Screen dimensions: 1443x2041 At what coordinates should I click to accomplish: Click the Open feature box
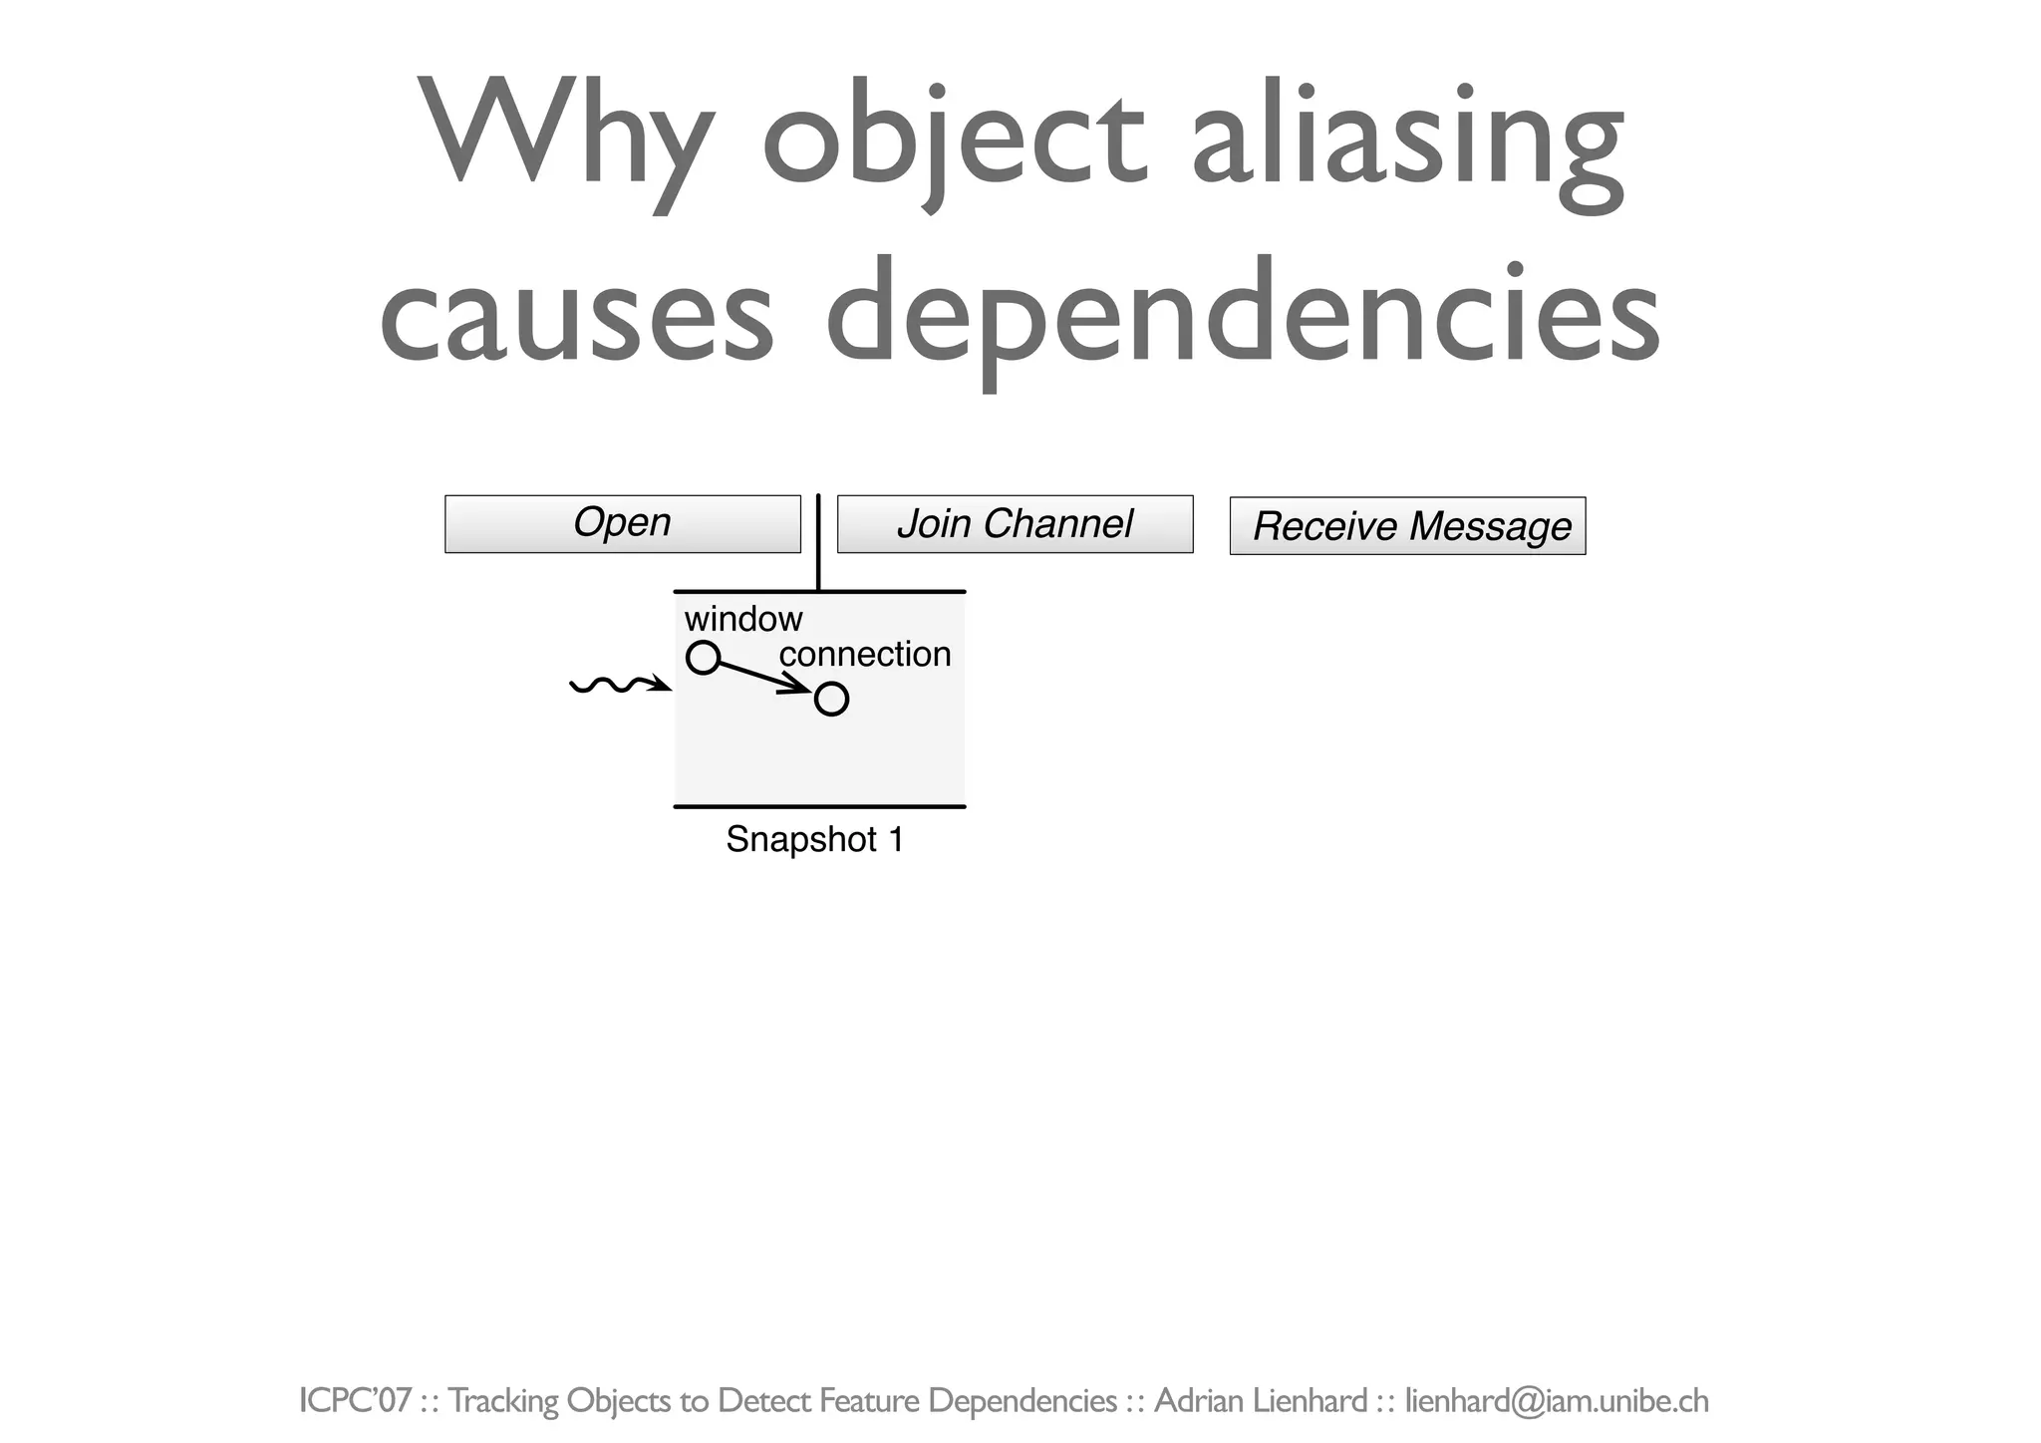622,524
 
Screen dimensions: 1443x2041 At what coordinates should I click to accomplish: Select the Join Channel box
1015,524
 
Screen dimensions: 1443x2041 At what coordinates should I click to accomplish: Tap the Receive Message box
1407,526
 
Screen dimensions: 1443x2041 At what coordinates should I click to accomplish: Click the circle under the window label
703,658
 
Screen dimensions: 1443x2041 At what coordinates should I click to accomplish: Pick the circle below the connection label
831,700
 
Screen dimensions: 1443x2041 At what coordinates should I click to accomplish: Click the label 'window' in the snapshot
742,620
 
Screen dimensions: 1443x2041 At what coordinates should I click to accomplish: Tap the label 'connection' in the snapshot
865,655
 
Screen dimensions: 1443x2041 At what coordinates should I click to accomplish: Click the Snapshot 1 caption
814,840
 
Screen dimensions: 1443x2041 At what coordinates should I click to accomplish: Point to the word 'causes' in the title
576,314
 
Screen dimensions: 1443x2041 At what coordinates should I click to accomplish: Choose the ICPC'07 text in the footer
355,1401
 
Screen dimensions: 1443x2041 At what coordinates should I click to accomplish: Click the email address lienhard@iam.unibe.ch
1557,1401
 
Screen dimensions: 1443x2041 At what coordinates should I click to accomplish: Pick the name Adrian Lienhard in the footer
1260,1401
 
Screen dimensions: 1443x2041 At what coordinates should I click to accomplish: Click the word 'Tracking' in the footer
503,1401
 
